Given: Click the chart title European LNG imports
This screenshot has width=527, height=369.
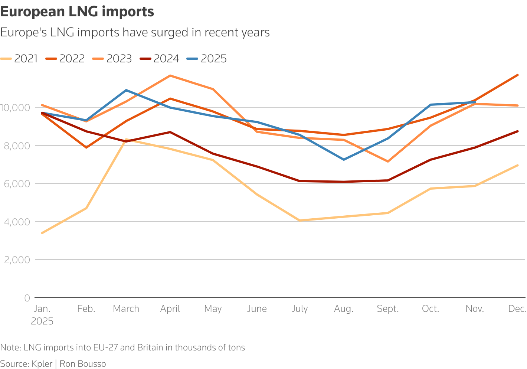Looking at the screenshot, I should click(x=77, y=12).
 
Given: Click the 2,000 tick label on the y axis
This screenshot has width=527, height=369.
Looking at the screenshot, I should click(x=16, y=260).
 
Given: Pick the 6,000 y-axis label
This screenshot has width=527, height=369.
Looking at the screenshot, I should click(x=16, y=184).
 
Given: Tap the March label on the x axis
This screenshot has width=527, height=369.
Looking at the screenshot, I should click(x=126, y=309).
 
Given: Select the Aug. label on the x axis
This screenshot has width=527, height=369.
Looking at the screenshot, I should click(x=344, y=309).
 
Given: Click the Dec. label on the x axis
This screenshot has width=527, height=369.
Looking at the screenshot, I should click(x=517, y=309).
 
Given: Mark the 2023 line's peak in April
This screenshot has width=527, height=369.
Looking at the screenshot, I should click(x=170, y=76).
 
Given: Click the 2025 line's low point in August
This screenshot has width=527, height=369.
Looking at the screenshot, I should click(x=344, y=160).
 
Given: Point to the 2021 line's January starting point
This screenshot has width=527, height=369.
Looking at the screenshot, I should click(x=42, y=233).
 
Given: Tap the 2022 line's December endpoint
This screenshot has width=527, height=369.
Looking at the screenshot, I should click(x=517, y=75).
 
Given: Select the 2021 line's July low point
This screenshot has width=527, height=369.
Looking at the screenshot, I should click(x=300, y=221).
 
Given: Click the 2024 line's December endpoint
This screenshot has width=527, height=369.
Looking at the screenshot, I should click(x=517, y=131).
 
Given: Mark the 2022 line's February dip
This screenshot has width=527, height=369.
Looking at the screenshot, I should click(x=86, y=147).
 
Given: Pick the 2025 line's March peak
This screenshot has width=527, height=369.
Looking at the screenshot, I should click(x=126, y=90).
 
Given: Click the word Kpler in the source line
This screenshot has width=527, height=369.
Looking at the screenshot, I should click(x=42, y=364).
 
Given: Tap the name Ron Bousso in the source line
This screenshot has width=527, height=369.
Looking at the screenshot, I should click(x=83, y=364).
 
